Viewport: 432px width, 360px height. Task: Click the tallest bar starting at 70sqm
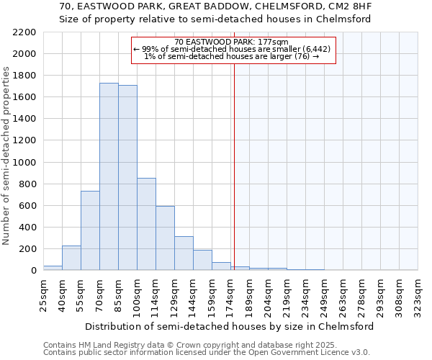pos(109,176)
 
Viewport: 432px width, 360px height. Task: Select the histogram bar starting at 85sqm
pos(127,178)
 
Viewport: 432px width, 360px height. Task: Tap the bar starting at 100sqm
pos(146,224)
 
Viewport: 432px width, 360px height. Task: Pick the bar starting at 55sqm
pos(90,230)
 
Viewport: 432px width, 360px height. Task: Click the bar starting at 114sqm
pos(165,238)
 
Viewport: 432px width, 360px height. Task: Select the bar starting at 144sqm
pos(202,260)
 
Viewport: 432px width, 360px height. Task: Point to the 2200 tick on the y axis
pos(24,32)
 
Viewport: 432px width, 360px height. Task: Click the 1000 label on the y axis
pos(24,163)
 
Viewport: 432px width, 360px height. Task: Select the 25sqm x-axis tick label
pos(43,294)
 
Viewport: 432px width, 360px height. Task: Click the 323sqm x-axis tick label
pos(418,294)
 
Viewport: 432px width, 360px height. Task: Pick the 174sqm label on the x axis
pos(230,294)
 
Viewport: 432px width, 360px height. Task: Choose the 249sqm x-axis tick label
pos(324,294)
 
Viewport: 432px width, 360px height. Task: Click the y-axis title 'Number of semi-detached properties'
pos(7,156)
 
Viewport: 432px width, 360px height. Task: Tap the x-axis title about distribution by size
pos(230,326)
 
